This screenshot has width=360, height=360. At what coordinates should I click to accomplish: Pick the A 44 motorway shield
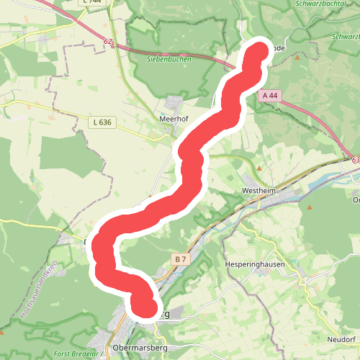(x=270, y=95)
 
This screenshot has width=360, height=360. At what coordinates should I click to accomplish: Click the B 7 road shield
(x=180, y=258)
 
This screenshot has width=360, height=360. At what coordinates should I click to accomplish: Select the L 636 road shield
(x=102, y=123)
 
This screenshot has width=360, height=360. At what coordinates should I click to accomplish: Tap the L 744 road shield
(x=92, y=2)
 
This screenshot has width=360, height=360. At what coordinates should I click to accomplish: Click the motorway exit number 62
(x=109, y=42)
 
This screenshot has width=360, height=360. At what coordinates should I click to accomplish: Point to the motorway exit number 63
(x=356, y=160)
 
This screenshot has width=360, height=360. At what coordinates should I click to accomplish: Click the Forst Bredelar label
(x=80, y=354)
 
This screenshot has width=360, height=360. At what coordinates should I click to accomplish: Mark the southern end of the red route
(x=145, y=307)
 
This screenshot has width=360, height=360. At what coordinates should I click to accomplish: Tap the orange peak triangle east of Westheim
(x=310, y=208)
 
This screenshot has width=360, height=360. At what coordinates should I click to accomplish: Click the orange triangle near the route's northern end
(x=296, y=57)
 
